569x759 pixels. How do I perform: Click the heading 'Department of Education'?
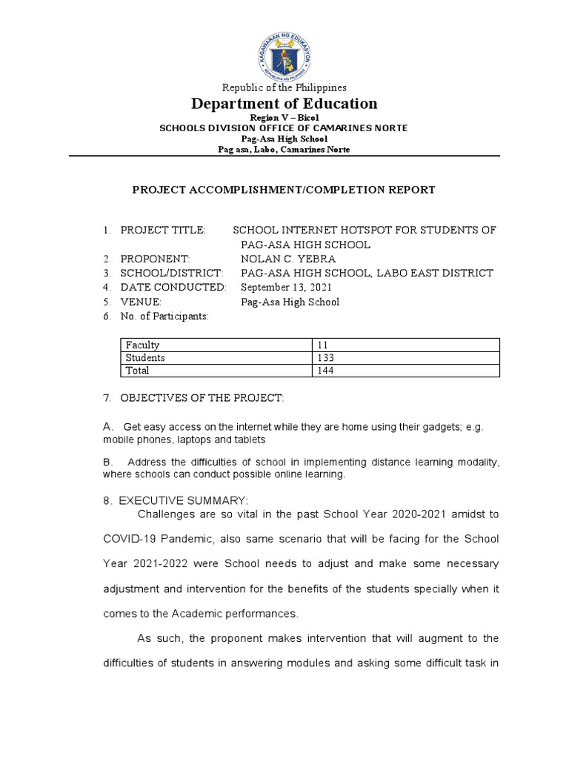click(284, 104)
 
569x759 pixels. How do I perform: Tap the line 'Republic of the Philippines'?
click(284, 87)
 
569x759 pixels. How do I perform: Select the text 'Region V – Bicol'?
click(284, 119)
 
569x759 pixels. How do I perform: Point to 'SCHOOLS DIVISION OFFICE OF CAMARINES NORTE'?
click(284, 128)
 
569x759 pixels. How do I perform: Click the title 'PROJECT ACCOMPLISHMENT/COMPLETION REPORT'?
click(284, 190)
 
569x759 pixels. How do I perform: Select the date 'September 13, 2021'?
click(287, 287)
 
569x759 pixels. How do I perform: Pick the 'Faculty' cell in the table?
click(143, 345)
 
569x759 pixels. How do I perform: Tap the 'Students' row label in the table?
click(145, 358)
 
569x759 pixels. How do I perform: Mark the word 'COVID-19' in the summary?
click(128, 538)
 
